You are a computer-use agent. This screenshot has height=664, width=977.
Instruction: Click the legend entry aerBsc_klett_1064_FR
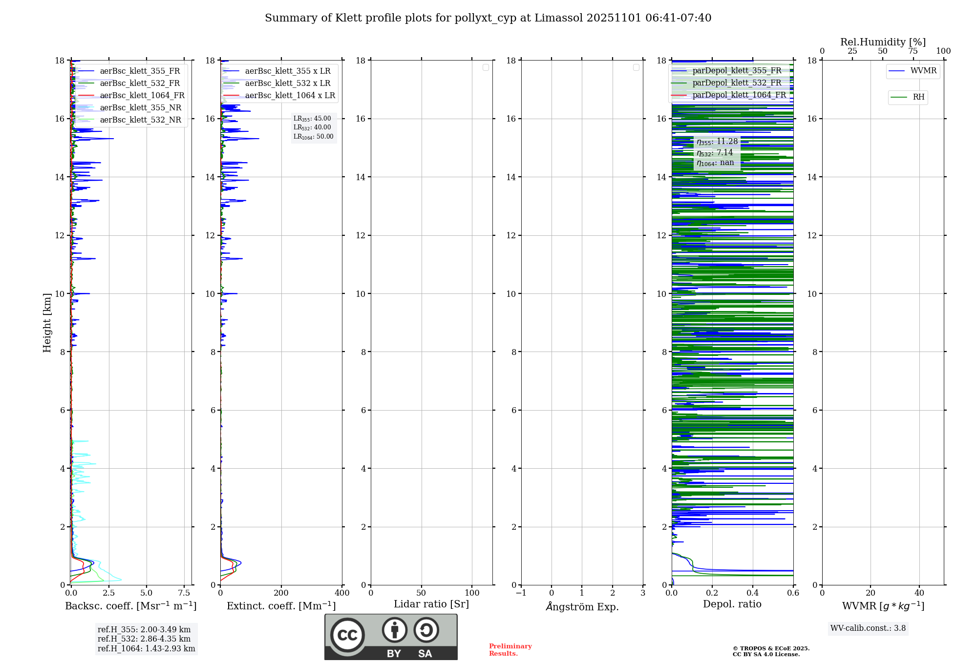tap(142, 96)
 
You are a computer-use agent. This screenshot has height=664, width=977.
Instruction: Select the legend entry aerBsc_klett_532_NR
tap(140, 120)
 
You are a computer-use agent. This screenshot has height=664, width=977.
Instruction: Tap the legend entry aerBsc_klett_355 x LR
tap(288, 71)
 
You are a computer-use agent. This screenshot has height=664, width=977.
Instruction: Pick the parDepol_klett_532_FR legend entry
tap(737, 83)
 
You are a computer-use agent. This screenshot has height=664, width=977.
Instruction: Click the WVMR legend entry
tap(923, 71)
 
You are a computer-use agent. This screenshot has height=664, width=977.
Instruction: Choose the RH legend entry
tap(918, 97)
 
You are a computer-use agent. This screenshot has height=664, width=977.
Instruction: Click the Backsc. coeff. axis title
tap(130, 606)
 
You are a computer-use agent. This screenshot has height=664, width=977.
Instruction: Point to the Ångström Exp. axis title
tap(582, 607)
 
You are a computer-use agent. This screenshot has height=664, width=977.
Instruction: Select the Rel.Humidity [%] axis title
tap(883, 42)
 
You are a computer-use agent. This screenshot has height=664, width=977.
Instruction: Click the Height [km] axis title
tap(47, 323)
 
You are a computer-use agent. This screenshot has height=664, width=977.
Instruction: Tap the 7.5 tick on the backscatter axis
tap(184, 593)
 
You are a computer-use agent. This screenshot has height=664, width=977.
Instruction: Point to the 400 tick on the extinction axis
tap(342, 593)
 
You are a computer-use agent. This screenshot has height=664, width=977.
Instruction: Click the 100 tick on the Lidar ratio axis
tap(472, 593)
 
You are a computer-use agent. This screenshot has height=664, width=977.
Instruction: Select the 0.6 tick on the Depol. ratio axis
tap(793, 593)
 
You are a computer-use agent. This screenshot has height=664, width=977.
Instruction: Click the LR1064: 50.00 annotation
tap(313, 137)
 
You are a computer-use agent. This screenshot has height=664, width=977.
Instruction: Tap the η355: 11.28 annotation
tap(717, 142)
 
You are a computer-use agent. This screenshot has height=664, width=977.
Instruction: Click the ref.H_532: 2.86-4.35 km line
tap(144, 639)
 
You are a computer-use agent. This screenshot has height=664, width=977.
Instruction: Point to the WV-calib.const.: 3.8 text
tap(868, 628)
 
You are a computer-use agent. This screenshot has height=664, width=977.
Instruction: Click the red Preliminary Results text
tap(510, 650)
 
